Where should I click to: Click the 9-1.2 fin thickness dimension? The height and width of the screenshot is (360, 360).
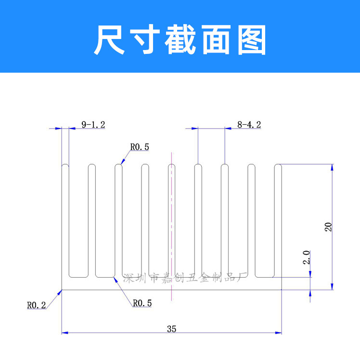click(93, 125)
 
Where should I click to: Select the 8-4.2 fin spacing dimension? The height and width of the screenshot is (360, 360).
click(249, 125)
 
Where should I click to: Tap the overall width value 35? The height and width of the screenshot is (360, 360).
click(171, 329)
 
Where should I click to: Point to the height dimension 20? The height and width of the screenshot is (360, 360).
click(328, 227)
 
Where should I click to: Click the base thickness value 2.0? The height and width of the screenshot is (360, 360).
click(307, 257)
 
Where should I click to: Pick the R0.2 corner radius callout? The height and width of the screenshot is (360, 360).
click(37, 305)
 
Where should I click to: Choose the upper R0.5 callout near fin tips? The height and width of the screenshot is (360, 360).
click(140, 147)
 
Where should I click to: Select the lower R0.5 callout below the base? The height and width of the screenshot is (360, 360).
click(142, 303)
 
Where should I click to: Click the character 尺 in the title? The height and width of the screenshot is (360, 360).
click(110, 39)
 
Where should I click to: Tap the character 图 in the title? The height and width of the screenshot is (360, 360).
click(252, 39)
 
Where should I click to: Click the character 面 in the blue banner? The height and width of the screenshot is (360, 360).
click(216, 39)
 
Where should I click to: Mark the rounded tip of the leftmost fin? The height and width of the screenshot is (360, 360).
click(65, 165)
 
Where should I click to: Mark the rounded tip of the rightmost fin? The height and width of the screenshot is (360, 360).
click(278, 165)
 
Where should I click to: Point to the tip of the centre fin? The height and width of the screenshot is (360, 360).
click(171, 165)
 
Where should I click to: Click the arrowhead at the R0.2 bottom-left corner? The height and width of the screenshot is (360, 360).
click(60, 292)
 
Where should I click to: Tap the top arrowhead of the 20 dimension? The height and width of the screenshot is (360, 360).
click(332, 167)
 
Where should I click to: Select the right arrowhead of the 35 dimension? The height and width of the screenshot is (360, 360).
click(278, 333)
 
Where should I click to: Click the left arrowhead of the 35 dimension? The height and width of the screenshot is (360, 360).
click(65, 333)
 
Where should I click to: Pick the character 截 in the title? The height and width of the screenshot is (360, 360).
click(180, 39)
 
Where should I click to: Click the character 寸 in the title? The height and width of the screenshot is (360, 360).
click(145, 39)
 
